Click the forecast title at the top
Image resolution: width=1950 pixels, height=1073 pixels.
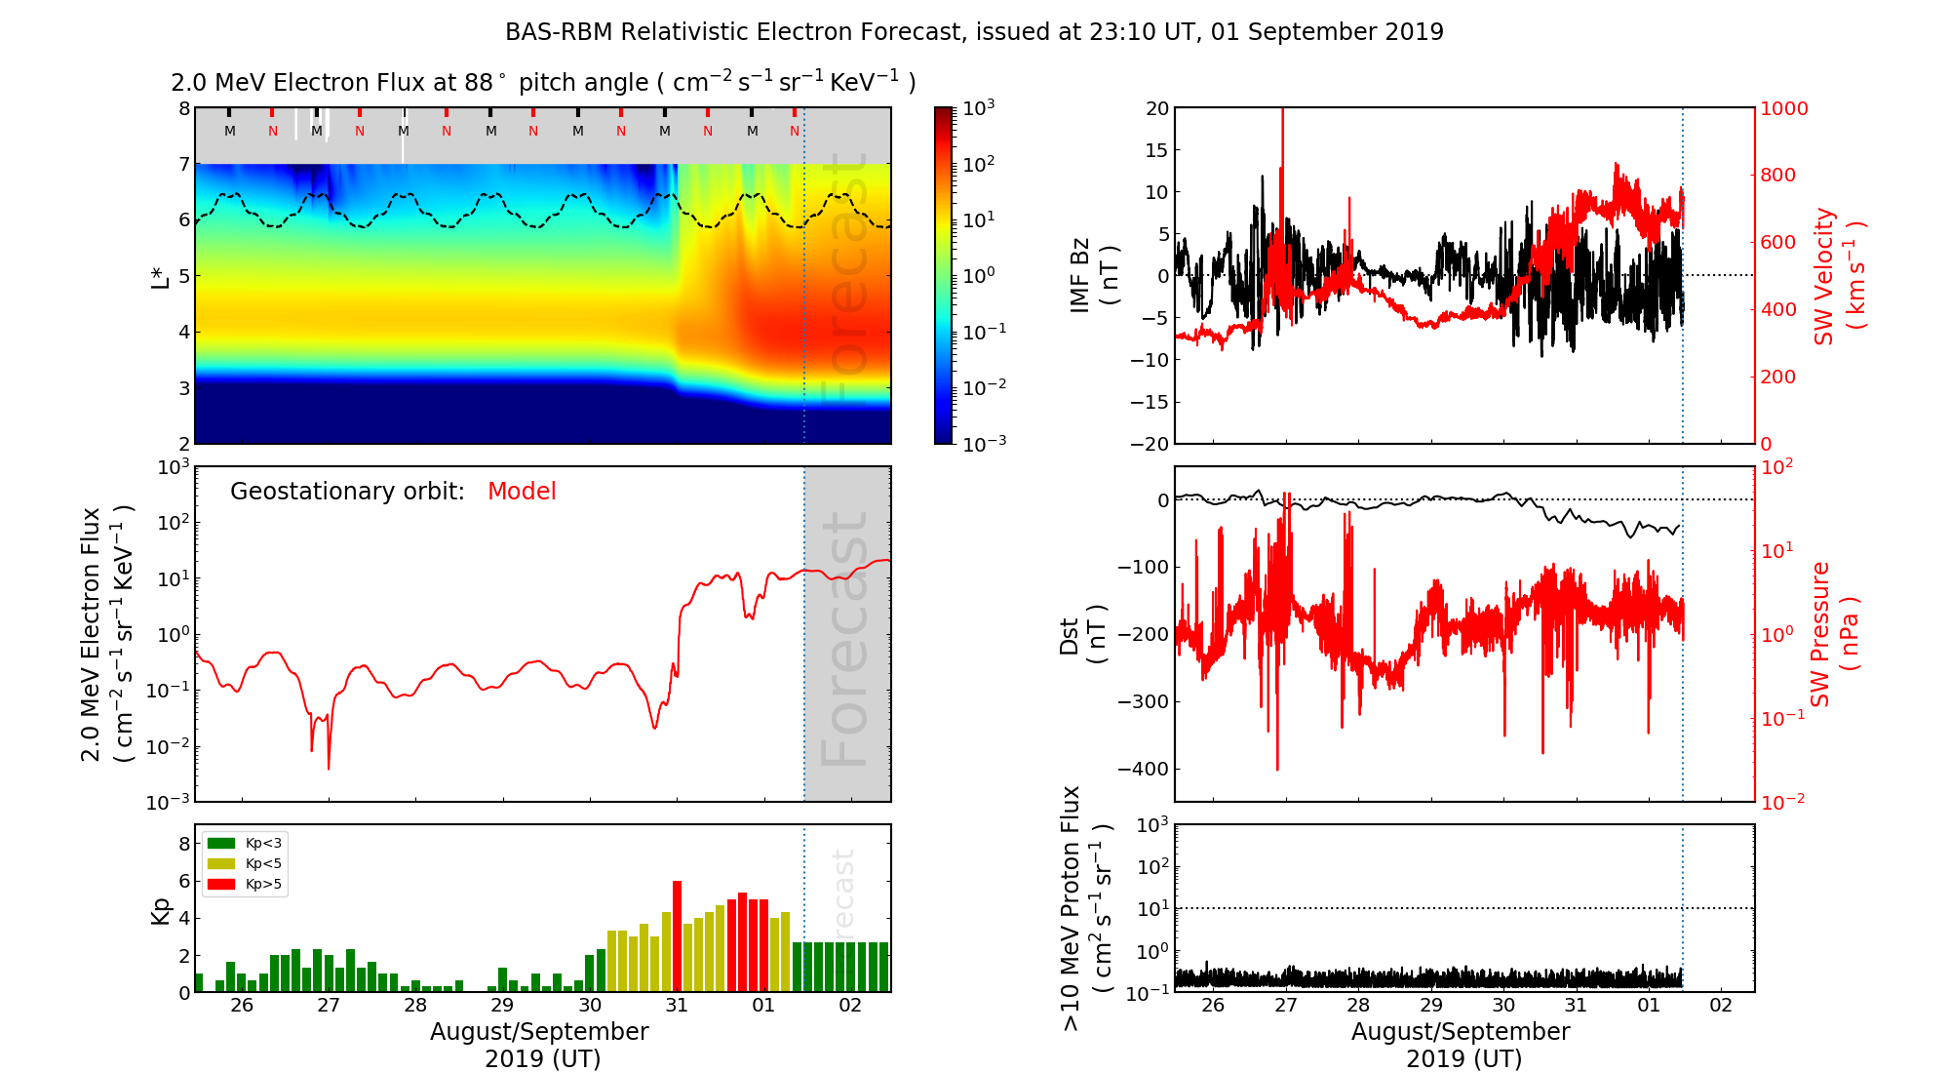coord(974,32)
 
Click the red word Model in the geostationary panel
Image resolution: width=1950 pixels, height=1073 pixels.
coord(522,492)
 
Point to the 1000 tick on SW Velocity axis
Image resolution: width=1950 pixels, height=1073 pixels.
coord(1783,108)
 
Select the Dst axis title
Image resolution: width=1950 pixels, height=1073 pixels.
coord(1082,634)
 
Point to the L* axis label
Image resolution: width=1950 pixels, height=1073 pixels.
coord(160,275)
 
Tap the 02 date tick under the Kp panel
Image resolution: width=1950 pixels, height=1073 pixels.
coord(850,1006)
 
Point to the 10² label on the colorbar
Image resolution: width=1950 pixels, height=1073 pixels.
coord(979,164)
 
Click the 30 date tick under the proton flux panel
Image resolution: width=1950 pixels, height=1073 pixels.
coord(1503,1006)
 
